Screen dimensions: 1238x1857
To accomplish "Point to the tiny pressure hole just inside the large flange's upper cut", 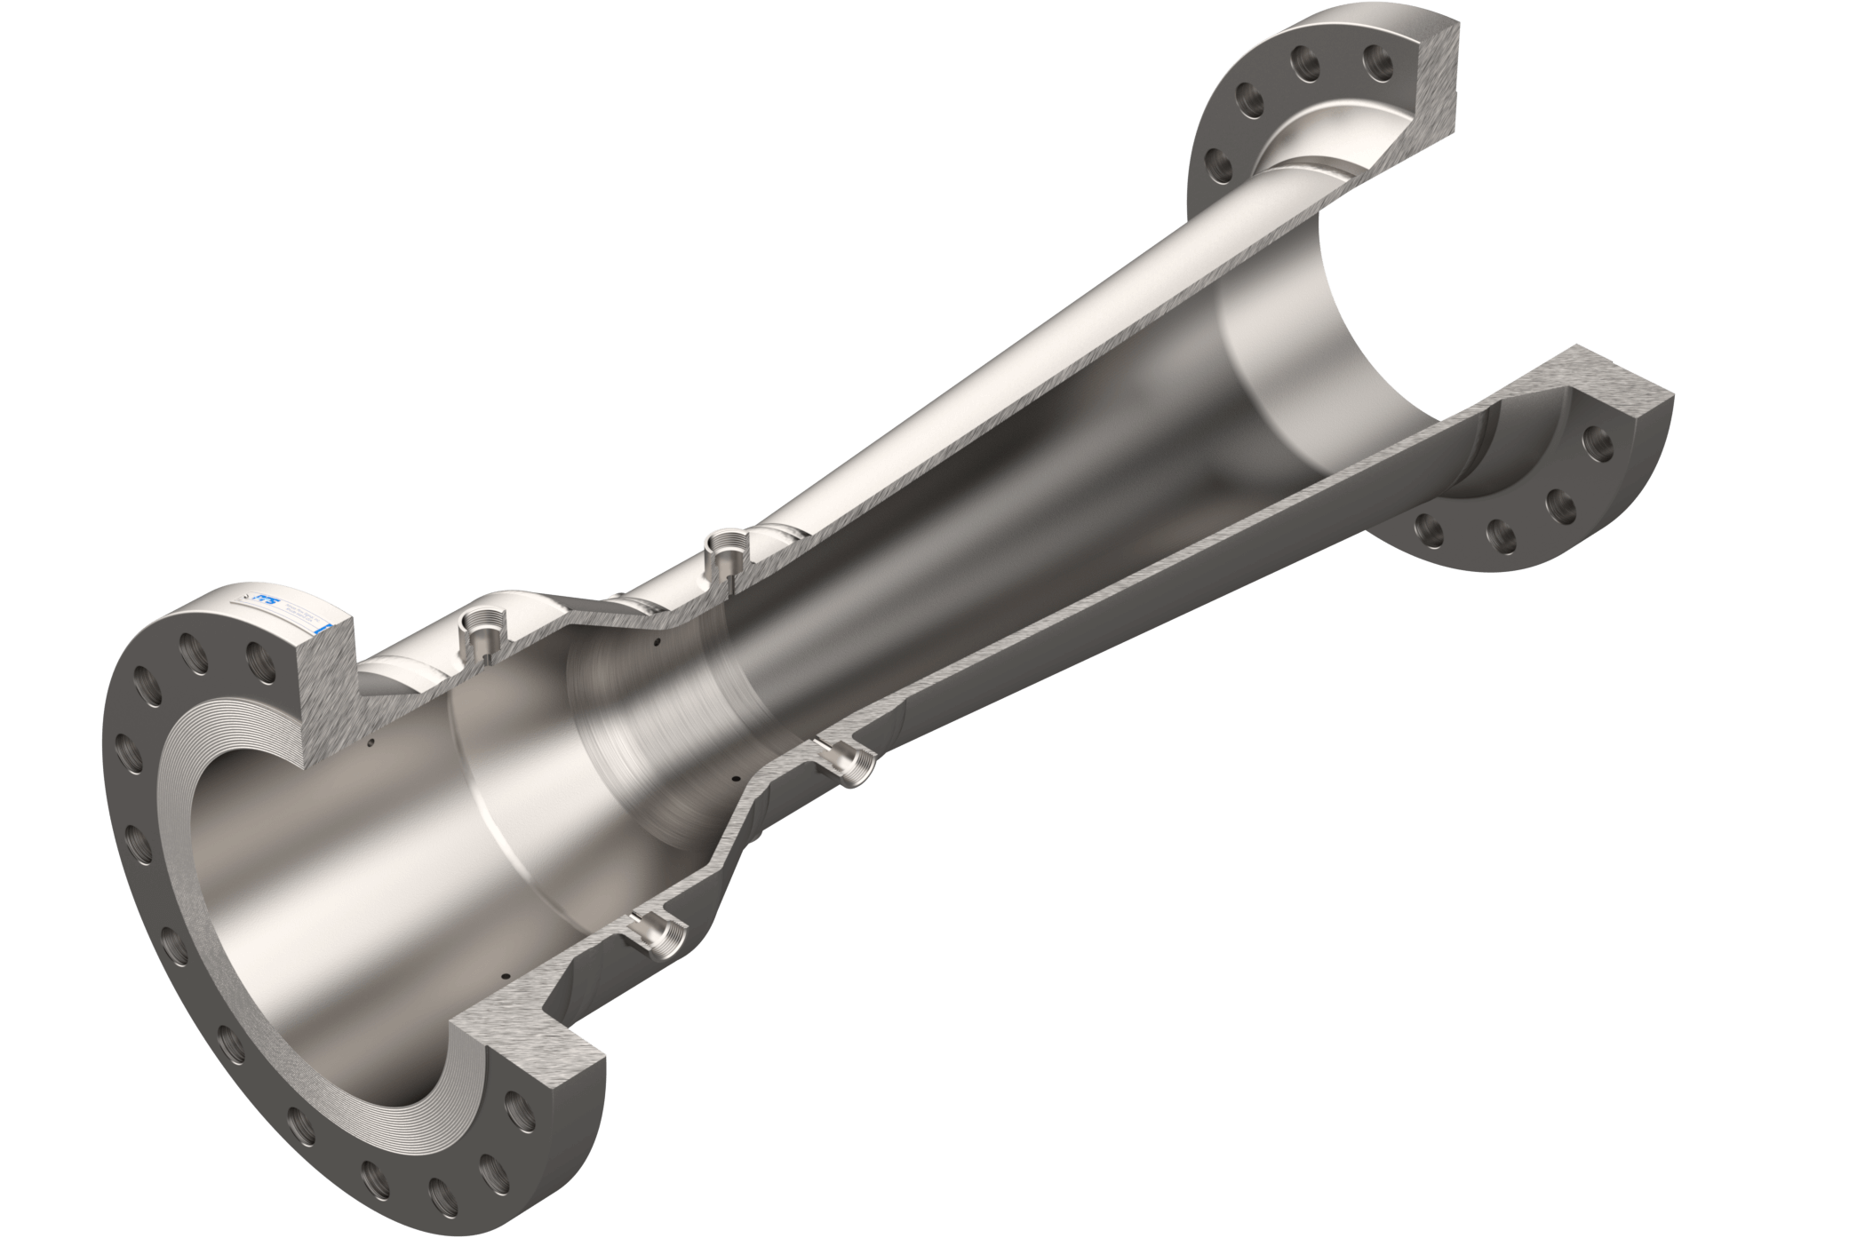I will tap(373, 739).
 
